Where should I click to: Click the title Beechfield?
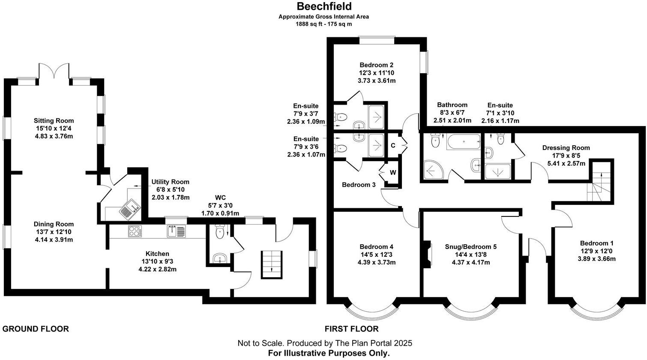pyautogui.click(x=324, y=6)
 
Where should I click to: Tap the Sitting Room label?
pyautogui.click(x=54, y=121)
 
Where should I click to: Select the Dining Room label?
pyautogui.click(x=54, y=224)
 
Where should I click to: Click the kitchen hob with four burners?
pyautogui.click(x=135, y=231)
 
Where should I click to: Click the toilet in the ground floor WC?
pyautogui.click(x=220, y=233)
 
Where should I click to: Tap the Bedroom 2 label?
pyautogui.click(x=377, y=65)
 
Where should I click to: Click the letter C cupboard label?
pyautogui.click(x=392, y=145)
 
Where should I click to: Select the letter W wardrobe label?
pyautogui.click(x=392, y=173)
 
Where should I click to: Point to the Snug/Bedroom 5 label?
pyautogui.click(x=465, y=247)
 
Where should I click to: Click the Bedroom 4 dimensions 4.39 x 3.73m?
pyautogui.click(x=376, y=262)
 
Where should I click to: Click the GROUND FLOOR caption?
pyautogui.click(x=36, y=329)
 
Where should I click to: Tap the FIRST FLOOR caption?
pyautogui.click(x=351, y=329)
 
